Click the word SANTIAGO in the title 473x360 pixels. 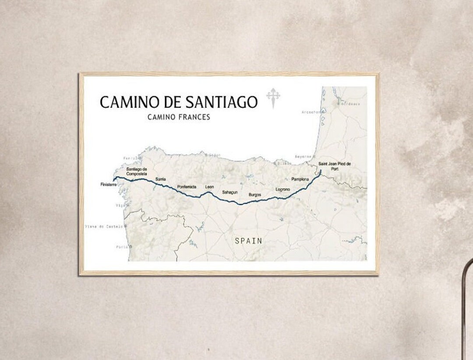click(221, 102)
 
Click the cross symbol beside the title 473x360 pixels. click(273, 98)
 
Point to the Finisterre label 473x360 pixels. click(108, 185)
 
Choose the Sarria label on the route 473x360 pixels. click(160, 179)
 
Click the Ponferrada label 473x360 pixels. click(187, 187)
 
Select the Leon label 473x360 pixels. click(210, 187)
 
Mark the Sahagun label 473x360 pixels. click(230, 192)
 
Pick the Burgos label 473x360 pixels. click(255, 194)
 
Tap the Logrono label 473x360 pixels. click(282, 189)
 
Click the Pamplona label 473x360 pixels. click(300, 179)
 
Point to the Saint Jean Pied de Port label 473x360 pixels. click(335, 166)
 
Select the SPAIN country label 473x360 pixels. click(248, 240)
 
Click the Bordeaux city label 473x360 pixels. click(350, 104)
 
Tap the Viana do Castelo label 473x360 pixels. click(104, 226)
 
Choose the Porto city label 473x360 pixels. click(121, 247)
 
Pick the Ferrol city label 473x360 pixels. click(132, 158)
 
